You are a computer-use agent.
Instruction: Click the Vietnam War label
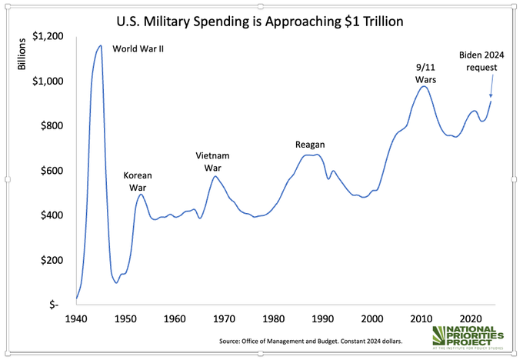coord(212,162)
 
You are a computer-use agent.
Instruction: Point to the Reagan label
coord(311,145)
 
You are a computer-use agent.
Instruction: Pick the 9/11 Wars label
coord(425,73)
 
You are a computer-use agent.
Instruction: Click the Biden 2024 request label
coord(481,61)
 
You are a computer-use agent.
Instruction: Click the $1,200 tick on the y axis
coord(48,36)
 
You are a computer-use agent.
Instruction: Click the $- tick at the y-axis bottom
coord(54,305)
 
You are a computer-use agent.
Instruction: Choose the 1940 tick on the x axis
coord(77,319)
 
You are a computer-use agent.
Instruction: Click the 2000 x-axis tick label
coord(372,319)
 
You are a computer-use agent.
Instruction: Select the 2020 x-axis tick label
coord(471,319)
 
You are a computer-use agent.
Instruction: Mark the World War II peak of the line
coord(100,46)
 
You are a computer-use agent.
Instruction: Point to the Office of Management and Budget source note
coord(315,338)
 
